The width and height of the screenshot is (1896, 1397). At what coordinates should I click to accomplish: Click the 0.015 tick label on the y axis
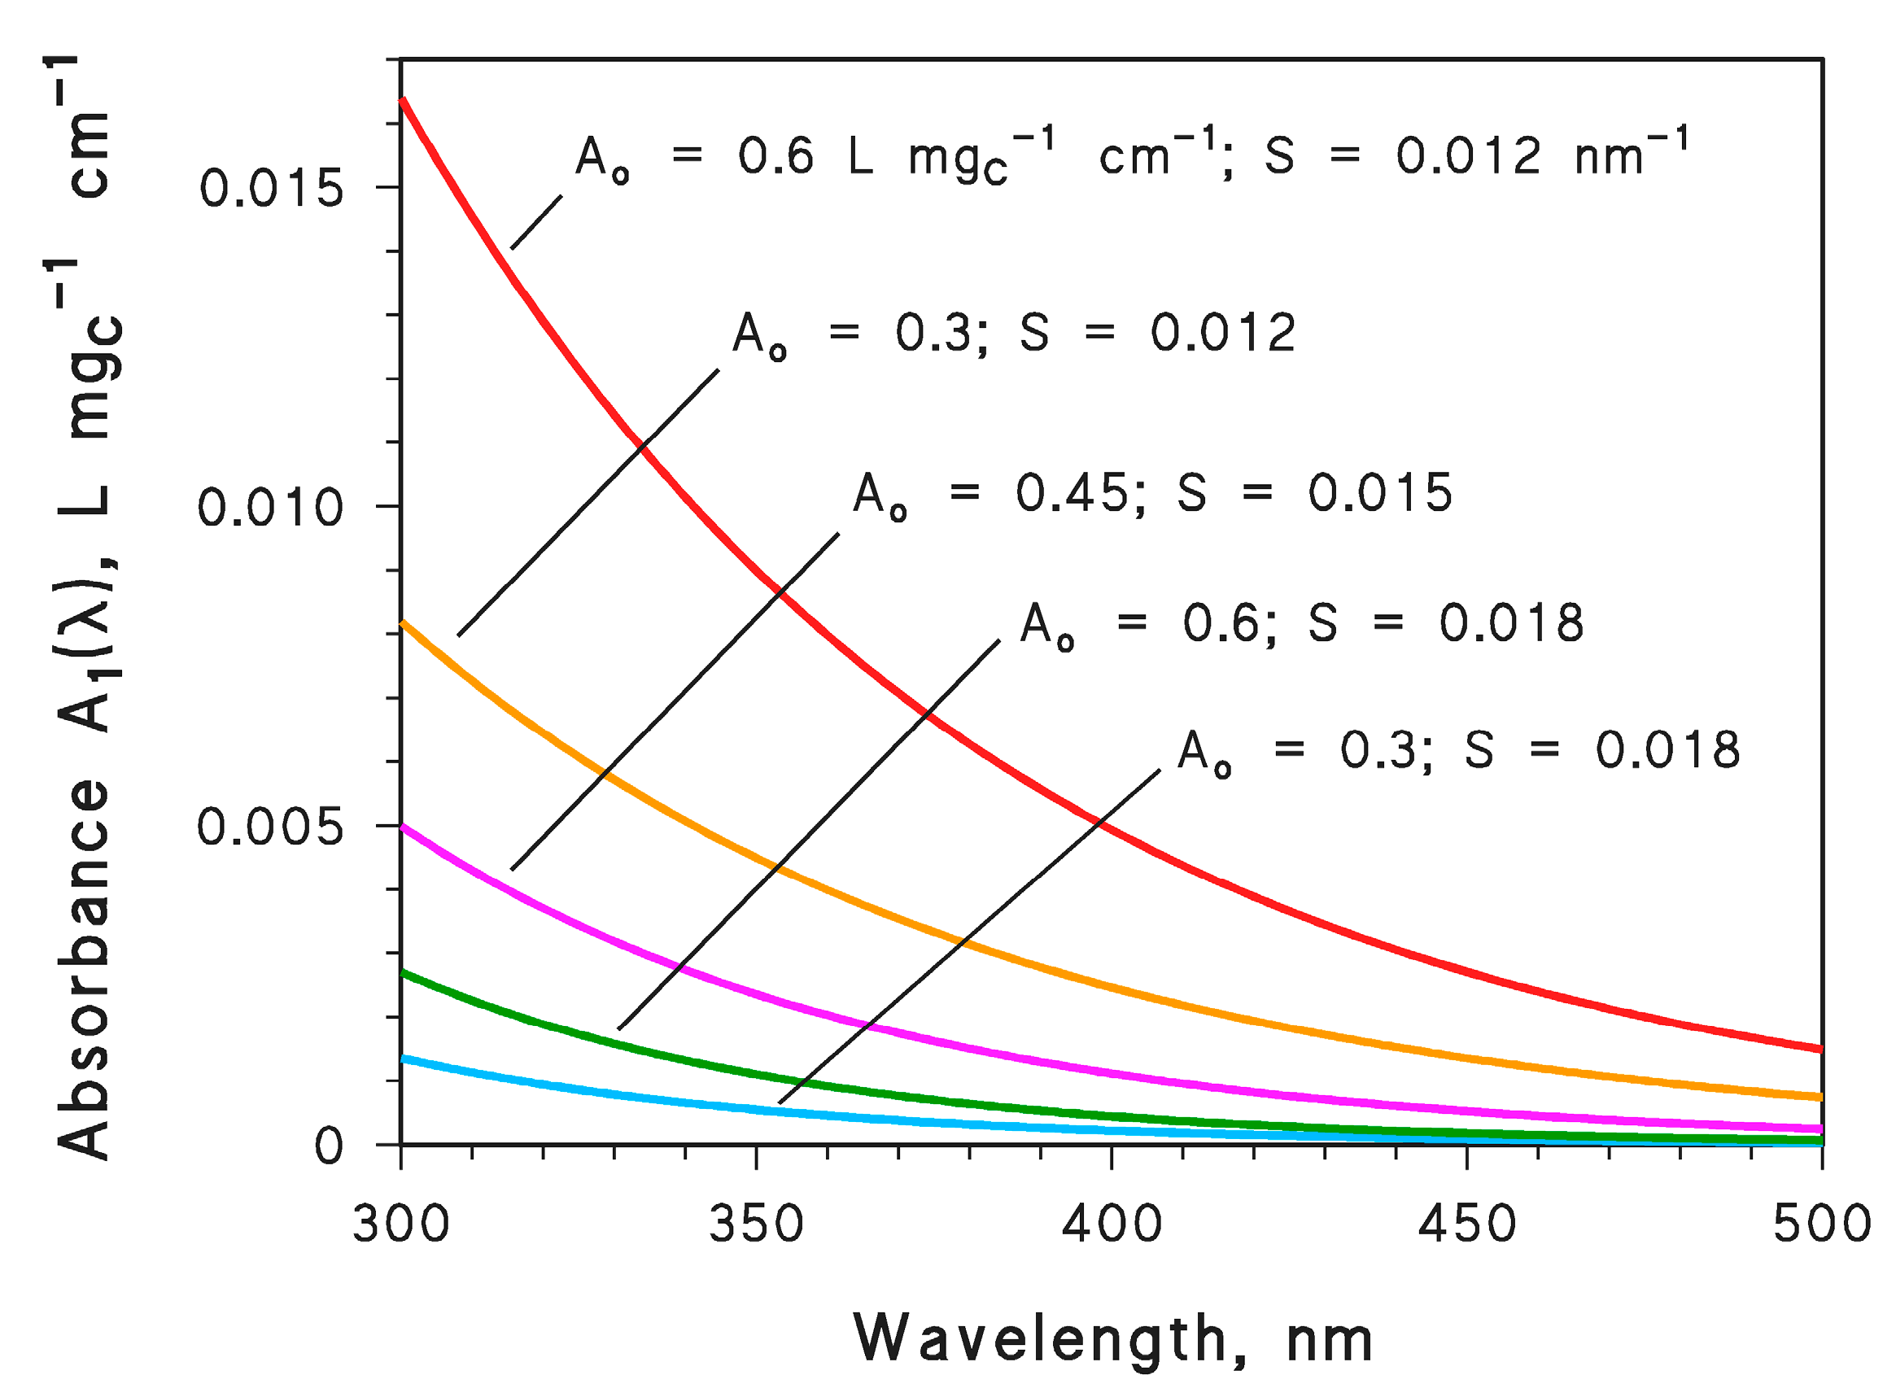click(x=271, y=188)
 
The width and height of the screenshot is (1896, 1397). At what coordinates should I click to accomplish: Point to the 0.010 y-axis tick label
click(x=270, y=509)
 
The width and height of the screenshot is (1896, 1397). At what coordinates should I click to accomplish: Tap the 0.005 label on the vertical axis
click(x=270, y=827)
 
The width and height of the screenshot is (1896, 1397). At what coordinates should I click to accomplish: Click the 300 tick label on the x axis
click(x=400, y=1224)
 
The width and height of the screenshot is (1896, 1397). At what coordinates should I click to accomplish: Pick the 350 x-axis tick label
click(x=755, y=1224)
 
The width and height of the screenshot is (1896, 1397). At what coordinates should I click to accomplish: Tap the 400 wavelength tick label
click(x=1112, y=1224)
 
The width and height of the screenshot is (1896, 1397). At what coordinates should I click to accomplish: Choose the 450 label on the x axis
click(x=1466, y=1224)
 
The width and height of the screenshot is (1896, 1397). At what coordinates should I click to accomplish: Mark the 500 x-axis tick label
click(x=1821, y=1224)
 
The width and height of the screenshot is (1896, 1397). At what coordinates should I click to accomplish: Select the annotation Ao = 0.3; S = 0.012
click(x=1013, y=334)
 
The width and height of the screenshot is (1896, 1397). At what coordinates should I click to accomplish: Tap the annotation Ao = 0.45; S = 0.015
click(x=1151, y=494)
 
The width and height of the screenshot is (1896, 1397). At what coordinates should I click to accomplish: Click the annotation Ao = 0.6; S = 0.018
click(x=1300, y=624)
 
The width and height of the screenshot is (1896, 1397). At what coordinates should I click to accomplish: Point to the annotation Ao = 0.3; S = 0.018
click(x=1458, y=751)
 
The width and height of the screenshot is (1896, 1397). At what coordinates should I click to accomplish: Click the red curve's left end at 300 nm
click(x=403, y=101)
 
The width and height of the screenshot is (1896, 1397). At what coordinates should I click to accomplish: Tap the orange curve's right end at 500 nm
click(x=1818, y=1097)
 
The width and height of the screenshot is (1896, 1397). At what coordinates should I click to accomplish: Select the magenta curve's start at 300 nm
click(x=403, y=826)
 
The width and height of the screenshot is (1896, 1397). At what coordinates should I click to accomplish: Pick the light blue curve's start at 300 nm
click(x=403, y=1059)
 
